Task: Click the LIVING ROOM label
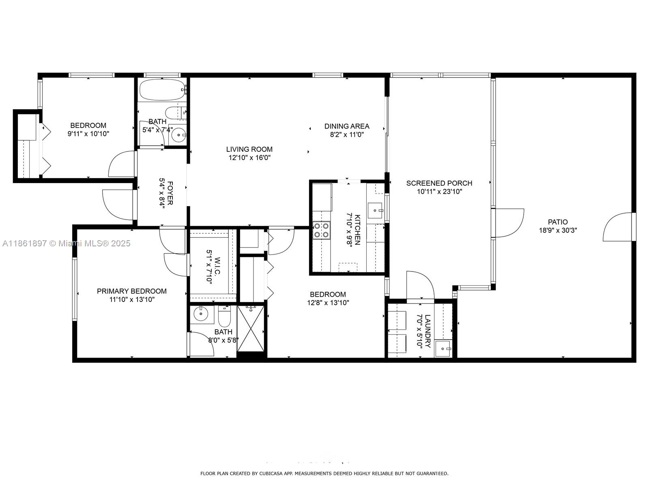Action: [x=249, y=149]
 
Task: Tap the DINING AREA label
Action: [x=347, y=126]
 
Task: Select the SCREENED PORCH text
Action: [x=439, y=183]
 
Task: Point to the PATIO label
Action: [x=558, y=222]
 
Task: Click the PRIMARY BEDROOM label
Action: [x=132, y=291]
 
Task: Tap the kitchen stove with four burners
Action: [x=321, y=231]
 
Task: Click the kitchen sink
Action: [x=375, y=211]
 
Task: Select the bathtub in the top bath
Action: [x=162, y=89]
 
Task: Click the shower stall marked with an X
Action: [x=251, y=328]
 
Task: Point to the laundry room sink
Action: [x=443, y=349]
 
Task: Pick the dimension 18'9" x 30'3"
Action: [x=558, y=231]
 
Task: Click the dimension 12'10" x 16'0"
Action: [x=249, y=157]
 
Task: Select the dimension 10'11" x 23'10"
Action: [x=439, y=192]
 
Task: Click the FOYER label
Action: [x=170, y=193]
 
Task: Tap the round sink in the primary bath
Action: [x=201, y=314]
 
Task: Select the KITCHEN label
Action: [x=357, y=230]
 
